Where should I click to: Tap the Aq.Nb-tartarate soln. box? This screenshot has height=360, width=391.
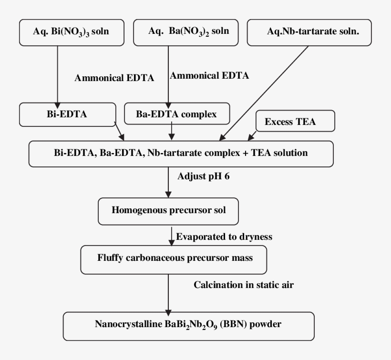[309, 32]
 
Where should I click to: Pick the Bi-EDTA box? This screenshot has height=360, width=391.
[67, 115]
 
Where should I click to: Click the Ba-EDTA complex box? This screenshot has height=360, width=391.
[176, 115]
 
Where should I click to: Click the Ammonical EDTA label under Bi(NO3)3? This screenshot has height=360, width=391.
[114, 79]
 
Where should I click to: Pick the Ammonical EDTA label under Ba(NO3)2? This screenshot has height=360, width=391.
[209, 75]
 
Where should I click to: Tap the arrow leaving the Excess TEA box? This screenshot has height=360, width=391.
[252, 136]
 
